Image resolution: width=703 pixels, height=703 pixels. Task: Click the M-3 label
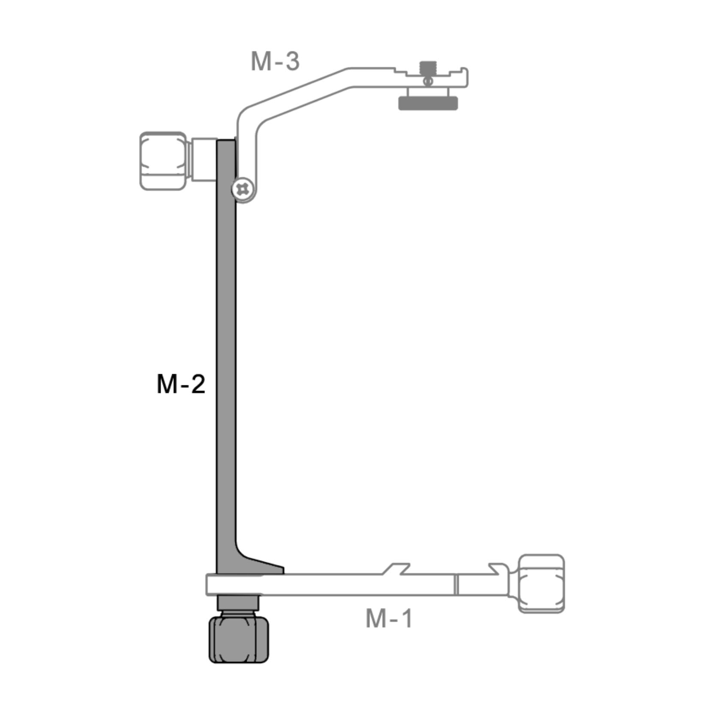275,61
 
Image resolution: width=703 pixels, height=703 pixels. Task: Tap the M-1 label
388,618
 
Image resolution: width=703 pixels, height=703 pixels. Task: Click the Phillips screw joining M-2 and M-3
243,189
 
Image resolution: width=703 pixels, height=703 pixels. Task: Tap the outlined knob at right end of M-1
541,583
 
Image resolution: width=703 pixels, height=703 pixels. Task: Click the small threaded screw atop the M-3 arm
427,67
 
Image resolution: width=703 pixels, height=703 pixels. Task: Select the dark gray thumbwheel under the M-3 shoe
428,103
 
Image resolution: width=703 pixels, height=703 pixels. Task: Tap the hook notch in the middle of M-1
397,569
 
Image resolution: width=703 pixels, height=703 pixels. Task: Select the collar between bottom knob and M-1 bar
238,603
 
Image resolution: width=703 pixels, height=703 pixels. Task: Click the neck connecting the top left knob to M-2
203,160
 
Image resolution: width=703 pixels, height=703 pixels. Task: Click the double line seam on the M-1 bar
456,585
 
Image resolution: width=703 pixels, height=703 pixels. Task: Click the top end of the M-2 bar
226,142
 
